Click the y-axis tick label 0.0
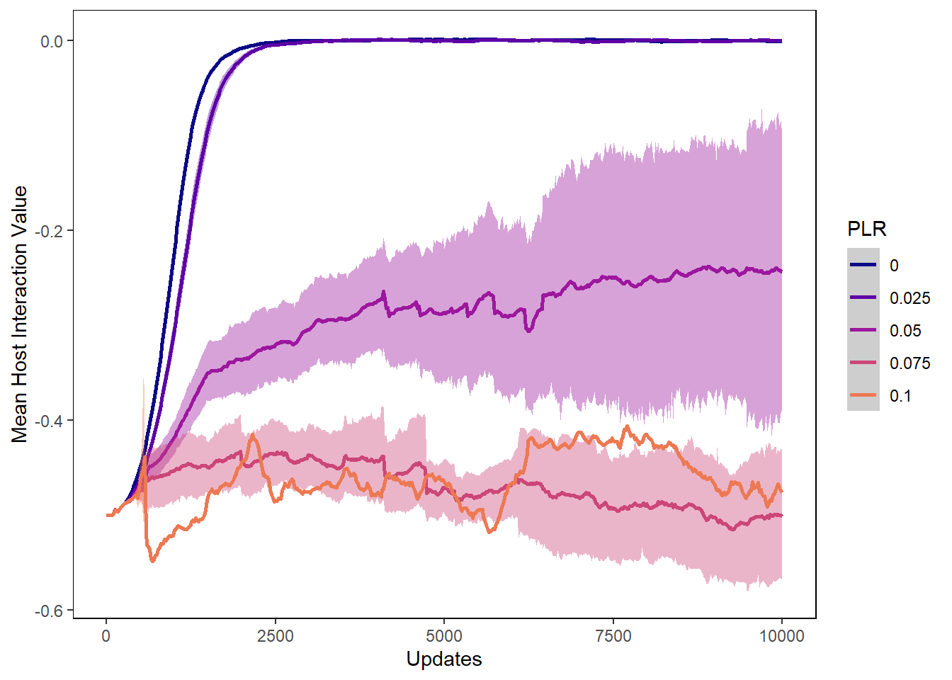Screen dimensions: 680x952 [x=52, y=42]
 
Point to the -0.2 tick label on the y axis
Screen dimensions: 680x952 [x=49, y=232]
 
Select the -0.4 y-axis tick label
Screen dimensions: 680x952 [x=49, y=421]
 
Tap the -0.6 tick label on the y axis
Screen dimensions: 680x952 [x=49, y=611]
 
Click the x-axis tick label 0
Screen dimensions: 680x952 [x=106, y=636]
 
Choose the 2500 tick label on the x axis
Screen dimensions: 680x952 [x=275, y=636]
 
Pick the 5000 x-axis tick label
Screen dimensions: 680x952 [x=444, y=636]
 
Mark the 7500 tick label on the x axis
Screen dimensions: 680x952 [x=613, y=636]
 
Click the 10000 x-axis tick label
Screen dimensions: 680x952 [x=781, y=636]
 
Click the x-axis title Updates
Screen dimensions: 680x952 [x=444, y=659]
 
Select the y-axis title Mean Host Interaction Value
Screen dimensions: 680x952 [x=20, y=314]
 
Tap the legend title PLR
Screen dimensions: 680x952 [x=866, y=229]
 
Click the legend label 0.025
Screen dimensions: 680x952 [x=909, y=298]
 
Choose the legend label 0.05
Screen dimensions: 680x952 [x=905, y=331]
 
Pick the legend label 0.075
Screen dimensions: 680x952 [x=909, y=363]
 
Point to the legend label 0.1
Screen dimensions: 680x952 [x=900, y=396]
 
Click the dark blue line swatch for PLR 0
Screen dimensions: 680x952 [x=863, y=265]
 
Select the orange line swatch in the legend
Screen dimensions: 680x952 [x=863, y=395]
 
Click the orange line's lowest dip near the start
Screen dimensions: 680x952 [x=153, y=561]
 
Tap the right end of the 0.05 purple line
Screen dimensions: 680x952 [x=781, y=271]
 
